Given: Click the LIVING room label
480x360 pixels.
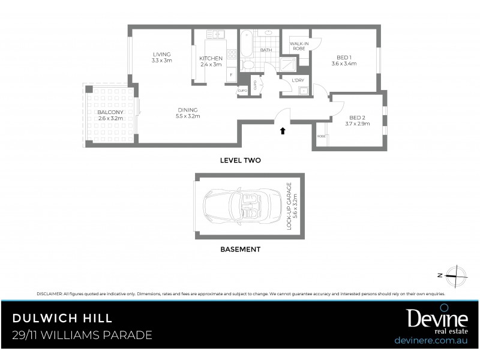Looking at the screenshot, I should pyautogui.click(x=161, y=54).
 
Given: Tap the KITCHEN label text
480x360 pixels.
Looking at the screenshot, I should pyautogui.click(x=211, y=58).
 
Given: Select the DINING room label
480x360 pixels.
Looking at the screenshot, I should pyautogui.click(x=187, y=110).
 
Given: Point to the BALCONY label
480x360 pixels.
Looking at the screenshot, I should pyautogui.click(x=110, y=112).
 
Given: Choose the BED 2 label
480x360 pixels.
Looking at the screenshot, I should pyautogui.click(x=357, y=118).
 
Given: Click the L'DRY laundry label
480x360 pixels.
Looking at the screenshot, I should pyautogui.click(x=297, y=80).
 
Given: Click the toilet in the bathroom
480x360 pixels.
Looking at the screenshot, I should pyautogui.click(x=248, y=64).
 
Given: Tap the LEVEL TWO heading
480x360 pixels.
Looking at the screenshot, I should pyautogui.click(x=240, y=160).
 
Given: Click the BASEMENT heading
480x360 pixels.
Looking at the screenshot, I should pyautogui.click(x=239, y=249).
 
